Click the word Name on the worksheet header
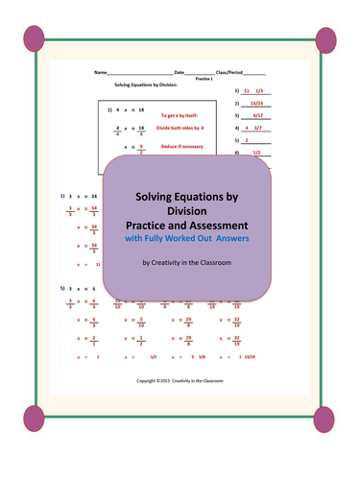click(100, 73)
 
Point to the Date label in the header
click(180, 73)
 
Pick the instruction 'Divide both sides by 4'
click(180, 127)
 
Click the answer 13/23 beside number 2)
click(255, 102)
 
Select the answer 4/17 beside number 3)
click(257, 114)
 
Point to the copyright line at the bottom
click(180, 381)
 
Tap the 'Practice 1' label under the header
click(204, 80)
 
